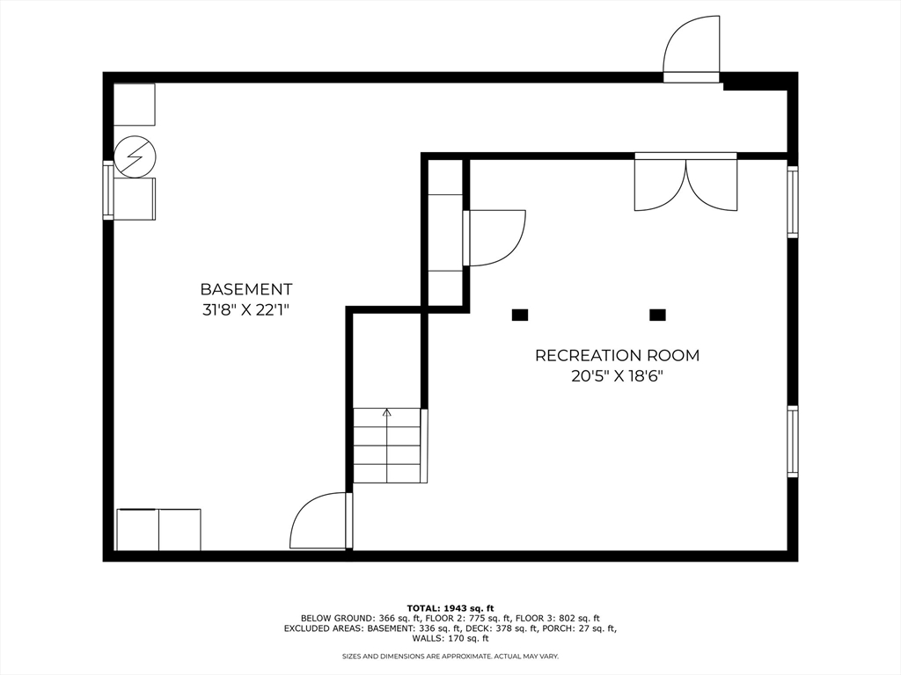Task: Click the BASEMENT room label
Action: coord(245,289)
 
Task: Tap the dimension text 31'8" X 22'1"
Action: coord(245,309)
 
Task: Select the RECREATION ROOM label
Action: coord(617,356)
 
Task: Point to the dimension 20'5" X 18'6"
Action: coord(617,376)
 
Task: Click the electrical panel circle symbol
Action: coord(136,157)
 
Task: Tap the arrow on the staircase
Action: coord(386,412)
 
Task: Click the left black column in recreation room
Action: coord(519,315)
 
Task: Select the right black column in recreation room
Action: coord(656,315)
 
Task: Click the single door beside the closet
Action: coord(494,237)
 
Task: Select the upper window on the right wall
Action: coord(792,202)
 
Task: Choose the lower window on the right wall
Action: coord(792,441)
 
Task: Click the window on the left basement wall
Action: coord(108,190)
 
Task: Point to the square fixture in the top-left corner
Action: coord(135,105)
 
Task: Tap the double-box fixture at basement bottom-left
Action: coord(158,530)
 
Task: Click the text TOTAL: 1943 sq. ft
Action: coord(450,608)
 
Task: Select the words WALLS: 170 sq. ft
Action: coord(450,639)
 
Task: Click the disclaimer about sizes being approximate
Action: coord(450,657)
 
